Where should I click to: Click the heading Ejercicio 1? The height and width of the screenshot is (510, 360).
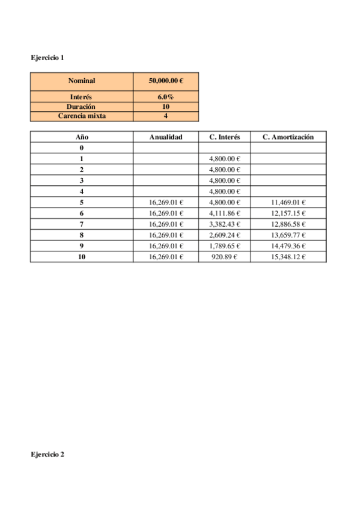47,58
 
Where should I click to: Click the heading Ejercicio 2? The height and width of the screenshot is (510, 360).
47,455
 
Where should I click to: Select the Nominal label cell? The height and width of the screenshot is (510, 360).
82,81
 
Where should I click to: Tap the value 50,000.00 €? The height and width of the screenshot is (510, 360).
166,81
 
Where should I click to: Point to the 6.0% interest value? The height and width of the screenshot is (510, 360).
166,97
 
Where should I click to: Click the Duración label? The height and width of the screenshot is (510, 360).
82,106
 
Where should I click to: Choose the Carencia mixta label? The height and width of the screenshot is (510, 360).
82,116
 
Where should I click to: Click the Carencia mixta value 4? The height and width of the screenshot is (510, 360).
166,116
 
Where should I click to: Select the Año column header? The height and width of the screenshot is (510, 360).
82,137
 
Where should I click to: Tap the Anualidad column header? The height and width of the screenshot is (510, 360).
166,137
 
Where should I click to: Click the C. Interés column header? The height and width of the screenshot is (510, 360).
225,137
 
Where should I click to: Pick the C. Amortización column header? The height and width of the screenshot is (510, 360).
288,137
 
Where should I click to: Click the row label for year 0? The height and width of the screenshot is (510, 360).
82,148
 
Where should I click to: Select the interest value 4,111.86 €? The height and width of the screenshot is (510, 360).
225,214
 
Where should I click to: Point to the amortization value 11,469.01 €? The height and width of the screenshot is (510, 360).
288,203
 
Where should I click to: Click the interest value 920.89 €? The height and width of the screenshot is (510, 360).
225,257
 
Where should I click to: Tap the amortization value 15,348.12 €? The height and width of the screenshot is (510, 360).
288,257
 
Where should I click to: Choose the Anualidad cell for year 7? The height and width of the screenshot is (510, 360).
166,224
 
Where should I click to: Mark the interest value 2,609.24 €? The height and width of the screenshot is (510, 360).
225,235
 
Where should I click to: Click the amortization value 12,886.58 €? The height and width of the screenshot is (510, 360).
288,224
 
